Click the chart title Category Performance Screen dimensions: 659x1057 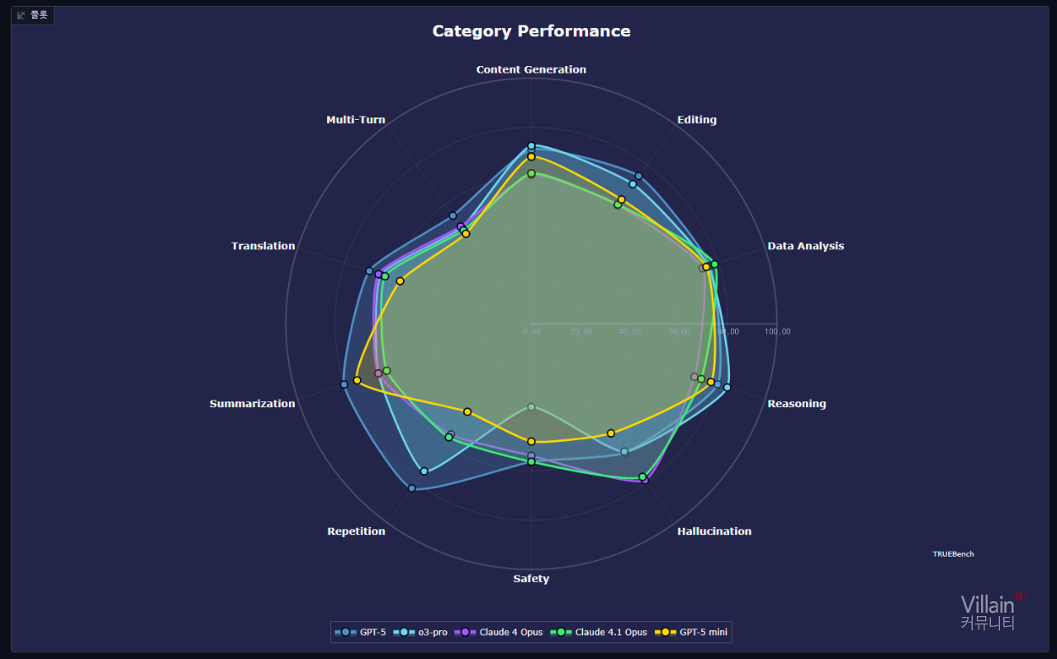[x=531, y=31]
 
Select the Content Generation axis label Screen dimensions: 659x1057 [x=531, y=69]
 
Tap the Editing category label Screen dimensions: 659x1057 [x=696, y=120]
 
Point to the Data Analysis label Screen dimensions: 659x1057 [x=805, y=246]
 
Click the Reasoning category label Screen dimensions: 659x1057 [x=796, y=404]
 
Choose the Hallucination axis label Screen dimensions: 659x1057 [x=714, y=532]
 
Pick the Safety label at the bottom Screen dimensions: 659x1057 [x=531, y=579]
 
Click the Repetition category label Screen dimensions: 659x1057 [x=356, y=532]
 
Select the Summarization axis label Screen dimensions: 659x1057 [x=252, y=404]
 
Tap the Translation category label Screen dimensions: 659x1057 [x=263, y=246]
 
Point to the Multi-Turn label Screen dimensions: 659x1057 [x=355, y=120]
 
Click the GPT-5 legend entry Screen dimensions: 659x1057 [x=361, y=633]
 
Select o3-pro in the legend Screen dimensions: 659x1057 [x=421, y=633]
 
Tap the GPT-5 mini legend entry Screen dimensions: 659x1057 [x=692, y=633]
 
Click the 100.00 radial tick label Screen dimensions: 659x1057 [x=777, y=332]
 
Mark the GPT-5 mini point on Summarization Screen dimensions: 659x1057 [x=357, y=380]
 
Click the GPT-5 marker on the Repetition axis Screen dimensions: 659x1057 [x=411, y=489]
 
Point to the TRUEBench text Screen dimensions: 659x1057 [x=953, y=554]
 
